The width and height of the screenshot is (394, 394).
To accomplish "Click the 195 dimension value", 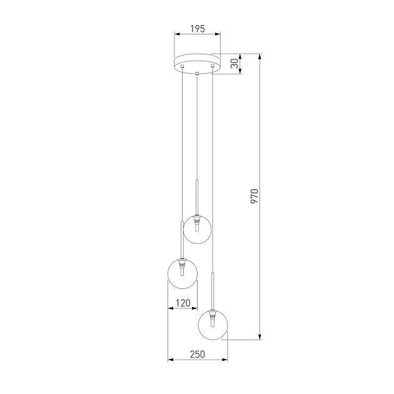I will point(197,29).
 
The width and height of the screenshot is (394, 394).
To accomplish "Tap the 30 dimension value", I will point(234,64).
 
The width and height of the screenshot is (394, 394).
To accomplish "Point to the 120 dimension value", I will point(183,303).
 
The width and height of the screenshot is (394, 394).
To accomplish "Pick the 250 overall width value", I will point(197,355).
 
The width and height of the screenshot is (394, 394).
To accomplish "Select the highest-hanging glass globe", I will point(196,230).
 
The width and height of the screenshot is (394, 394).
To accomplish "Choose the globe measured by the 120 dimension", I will point(183,273).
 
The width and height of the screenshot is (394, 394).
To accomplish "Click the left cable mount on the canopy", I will point(182,66).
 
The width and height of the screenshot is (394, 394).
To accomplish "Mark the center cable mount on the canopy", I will point(197,74).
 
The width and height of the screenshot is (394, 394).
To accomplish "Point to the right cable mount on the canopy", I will point(213,66).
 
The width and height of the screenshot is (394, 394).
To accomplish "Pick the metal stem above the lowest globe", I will point(213,291).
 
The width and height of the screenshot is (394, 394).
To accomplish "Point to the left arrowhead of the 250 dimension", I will point(170,360).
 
